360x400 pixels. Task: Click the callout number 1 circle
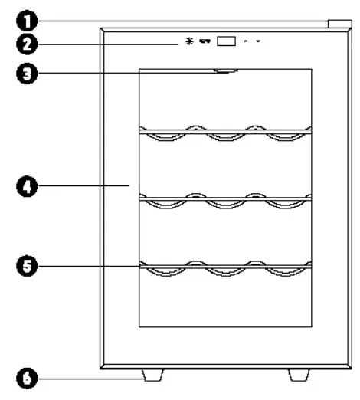point(27,21)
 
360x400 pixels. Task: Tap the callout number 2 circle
point(27,44)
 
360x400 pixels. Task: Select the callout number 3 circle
point(27,74)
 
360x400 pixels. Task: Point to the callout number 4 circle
point(27,186)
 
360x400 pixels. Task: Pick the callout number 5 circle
point(27,266)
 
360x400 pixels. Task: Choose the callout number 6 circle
point(27,379)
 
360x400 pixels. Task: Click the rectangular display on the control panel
point(226,41)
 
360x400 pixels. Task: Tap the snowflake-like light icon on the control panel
point(189,41)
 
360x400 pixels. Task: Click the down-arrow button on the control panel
point(258,41)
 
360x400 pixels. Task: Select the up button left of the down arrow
point(246,41)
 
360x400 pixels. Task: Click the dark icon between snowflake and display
point(205,41)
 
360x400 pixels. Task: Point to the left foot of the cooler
point(152,375)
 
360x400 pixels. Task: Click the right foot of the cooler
point(299,375)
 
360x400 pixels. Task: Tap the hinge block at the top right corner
point(340,24)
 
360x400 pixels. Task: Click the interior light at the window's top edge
point(226,70)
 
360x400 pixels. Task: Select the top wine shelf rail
point(225,132)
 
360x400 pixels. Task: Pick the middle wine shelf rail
point(225,199)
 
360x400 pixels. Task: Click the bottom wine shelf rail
point(225,267)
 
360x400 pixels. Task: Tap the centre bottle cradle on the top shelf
point(226,138)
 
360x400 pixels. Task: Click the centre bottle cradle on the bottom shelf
point(226,273)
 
